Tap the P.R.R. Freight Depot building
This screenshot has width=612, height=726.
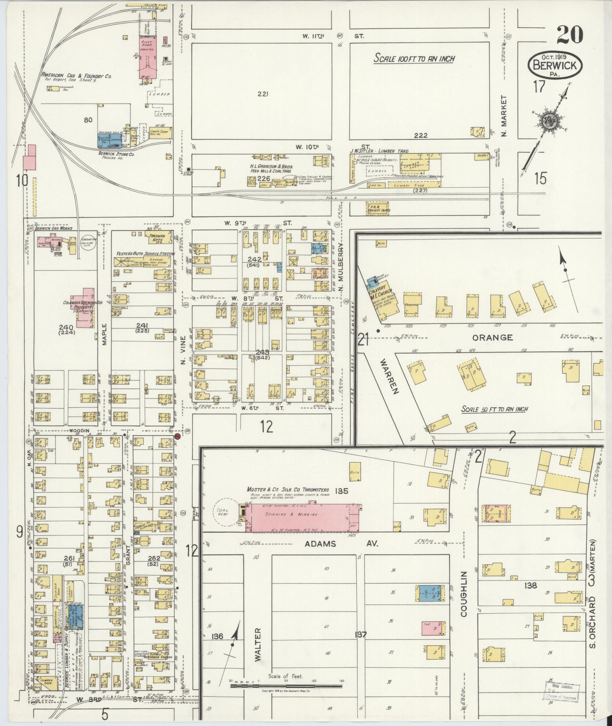click(379, 208)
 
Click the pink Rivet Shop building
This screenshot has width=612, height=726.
click(149, 52)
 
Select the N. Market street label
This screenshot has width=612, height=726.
click(504, 118)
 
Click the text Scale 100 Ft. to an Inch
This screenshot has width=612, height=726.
click(414, 59)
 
